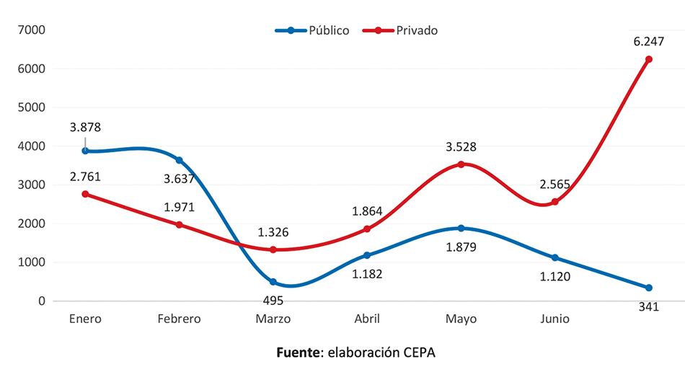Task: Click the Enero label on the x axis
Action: point(85,319)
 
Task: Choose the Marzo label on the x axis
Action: point(273,319)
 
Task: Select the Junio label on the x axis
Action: point(554,319)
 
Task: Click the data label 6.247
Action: point(648,42)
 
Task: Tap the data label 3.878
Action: point(85,128)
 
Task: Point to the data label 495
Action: point(273,301)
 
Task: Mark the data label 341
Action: point(648,306)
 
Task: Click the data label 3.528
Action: point(461,147)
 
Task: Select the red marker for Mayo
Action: point(461,164)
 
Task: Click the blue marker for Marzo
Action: point(273,282)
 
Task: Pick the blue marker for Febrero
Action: point(180,160)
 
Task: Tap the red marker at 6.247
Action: point(648,59)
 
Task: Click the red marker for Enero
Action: point(85,194)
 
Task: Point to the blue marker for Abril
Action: point(367,255)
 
